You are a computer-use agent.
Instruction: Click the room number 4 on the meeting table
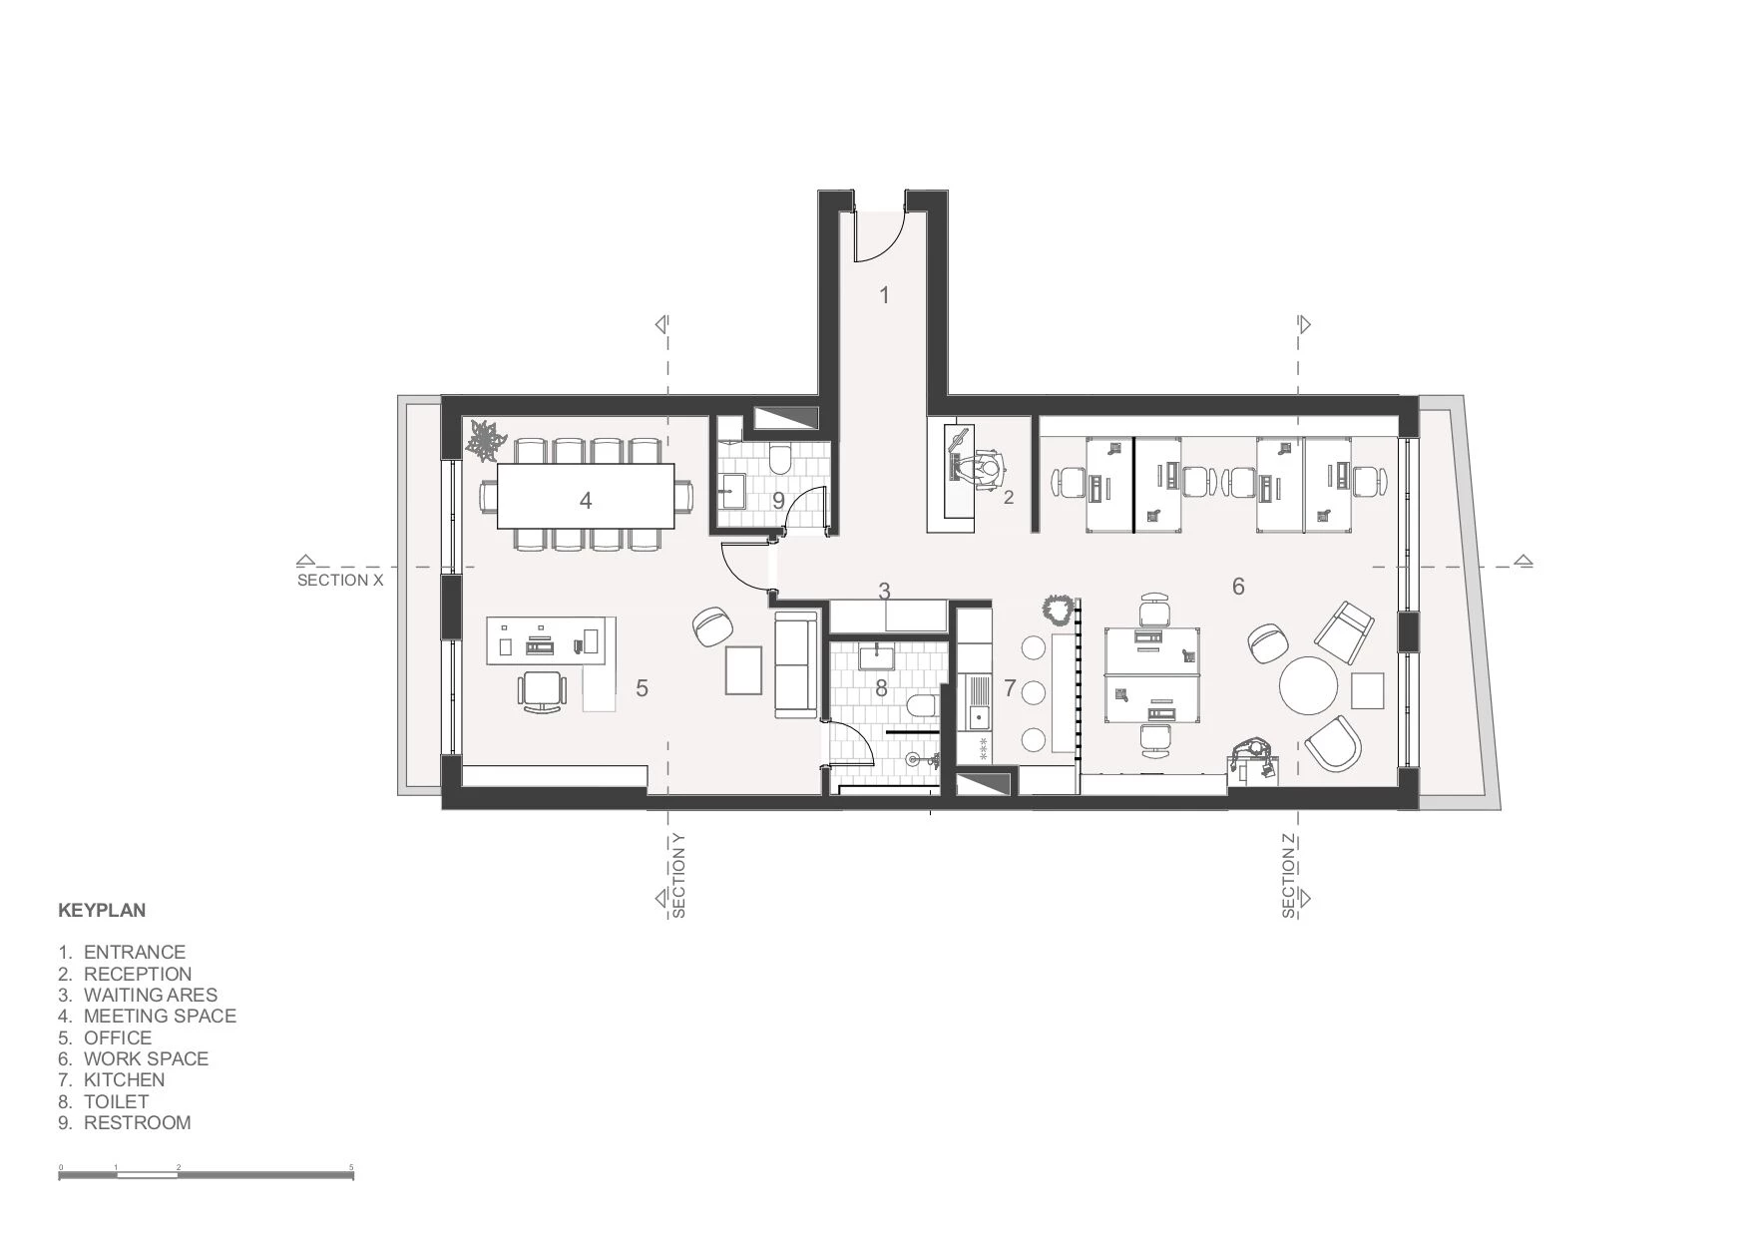(x=586, y=500)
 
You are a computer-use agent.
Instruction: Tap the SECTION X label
(x=340, y=580)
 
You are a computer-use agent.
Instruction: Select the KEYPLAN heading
(x=102, y=910)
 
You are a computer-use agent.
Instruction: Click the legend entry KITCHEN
(x=124, y=1079)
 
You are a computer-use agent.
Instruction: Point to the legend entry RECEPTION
(x=137, y=974)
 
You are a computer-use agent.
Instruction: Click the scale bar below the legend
(x=207, y=1175)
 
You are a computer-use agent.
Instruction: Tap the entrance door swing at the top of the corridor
(x=882, y=235)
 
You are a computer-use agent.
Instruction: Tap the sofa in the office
(x=796, y=666)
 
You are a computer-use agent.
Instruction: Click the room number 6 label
(x=1238, y=587)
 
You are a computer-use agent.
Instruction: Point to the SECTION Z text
(x=1289, y=875)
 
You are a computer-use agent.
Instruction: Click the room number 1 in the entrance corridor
(x=884, y=294)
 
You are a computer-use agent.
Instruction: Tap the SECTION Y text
(x=678, y=875)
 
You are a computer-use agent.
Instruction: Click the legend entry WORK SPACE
(x=146, y=1058)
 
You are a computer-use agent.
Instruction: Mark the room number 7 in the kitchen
(x=1010, y=687)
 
